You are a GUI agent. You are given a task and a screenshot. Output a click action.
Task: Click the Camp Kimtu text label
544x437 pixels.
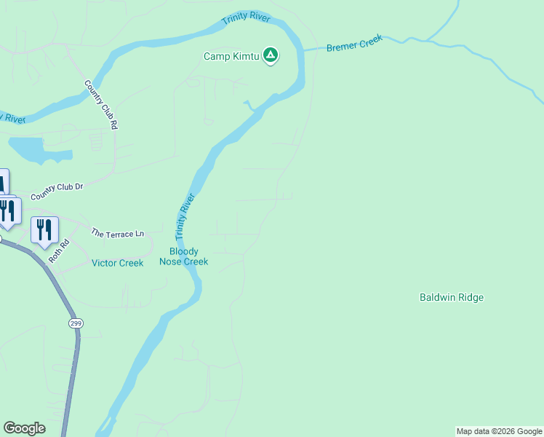click(x=231, y=56)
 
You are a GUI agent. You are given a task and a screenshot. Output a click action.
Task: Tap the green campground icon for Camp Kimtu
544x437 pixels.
click(x=271, y=55)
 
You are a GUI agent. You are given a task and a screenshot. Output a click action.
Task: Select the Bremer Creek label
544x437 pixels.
click(x=354, y=45)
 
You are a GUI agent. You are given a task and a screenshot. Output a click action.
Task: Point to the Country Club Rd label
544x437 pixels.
click(x=100, y=104)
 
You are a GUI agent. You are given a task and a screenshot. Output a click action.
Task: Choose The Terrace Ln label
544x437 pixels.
click(x=117, y=234)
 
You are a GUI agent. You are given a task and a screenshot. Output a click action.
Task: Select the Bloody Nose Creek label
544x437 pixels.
click(x=184, y=256)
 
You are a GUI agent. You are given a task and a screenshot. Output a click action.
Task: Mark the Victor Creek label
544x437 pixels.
click(x=117, y=263)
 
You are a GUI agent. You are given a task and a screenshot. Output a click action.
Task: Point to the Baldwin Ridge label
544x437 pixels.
click(x=452, y=297)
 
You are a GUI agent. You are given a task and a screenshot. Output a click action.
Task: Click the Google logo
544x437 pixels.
click(x=24, y=428)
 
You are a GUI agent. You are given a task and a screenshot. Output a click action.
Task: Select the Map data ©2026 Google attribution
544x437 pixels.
click(x=500, y=431)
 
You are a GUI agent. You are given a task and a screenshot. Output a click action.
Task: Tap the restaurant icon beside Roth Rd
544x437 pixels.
click(x=44, y=230)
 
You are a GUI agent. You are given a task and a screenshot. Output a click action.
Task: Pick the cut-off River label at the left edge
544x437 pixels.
click(x=13, y=117)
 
